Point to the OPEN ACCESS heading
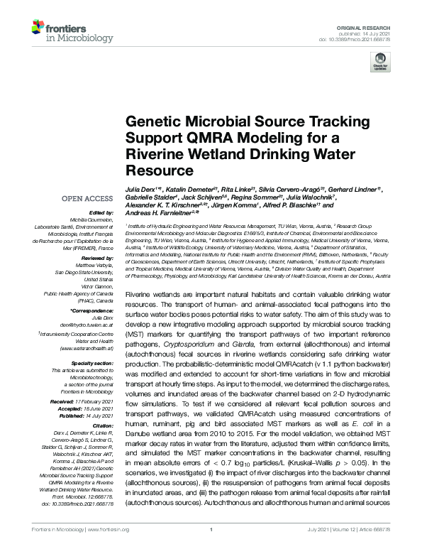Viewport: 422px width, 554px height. pos(88,200)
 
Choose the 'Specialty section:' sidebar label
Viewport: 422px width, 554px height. pos(91,363)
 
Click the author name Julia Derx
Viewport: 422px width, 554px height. pos(140,191)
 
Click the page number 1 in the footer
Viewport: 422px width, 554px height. pos(211,548)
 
